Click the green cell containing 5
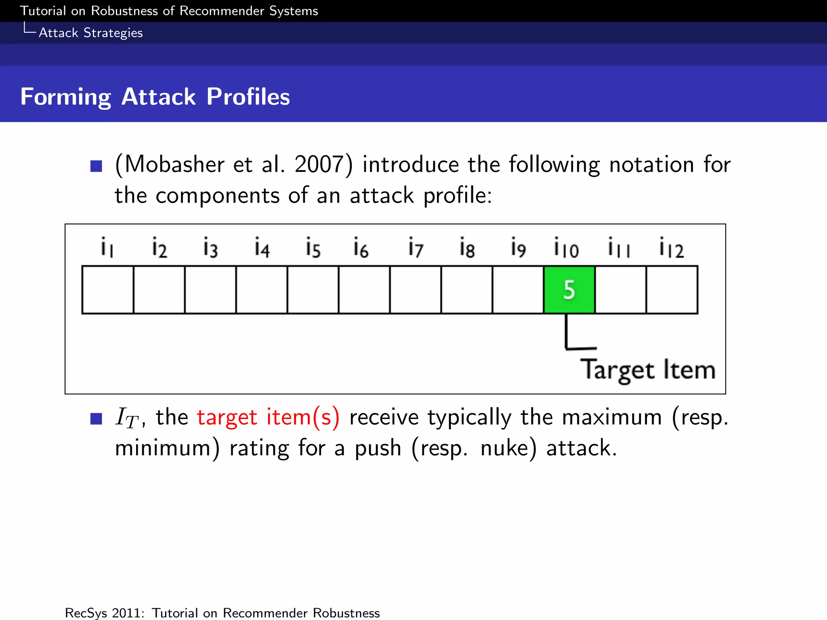(569, 289)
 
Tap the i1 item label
(107, 247)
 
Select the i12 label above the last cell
(671, 247)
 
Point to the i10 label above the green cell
(566, 247)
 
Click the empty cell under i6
(364, 289)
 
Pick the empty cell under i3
(210, 289)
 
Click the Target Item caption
(647, 370)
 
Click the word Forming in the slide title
(65, 97)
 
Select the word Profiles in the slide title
(248, 97)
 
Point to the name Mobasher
(174, 164)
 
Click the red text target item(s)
(268, 417)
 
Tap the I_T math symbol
(127, 418)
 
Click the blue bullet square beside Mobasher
(96, 166)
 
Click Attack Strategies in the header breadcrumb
(90, 33)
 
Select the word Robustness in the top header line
(124, 11)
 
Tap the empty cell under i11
(620, 289)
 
